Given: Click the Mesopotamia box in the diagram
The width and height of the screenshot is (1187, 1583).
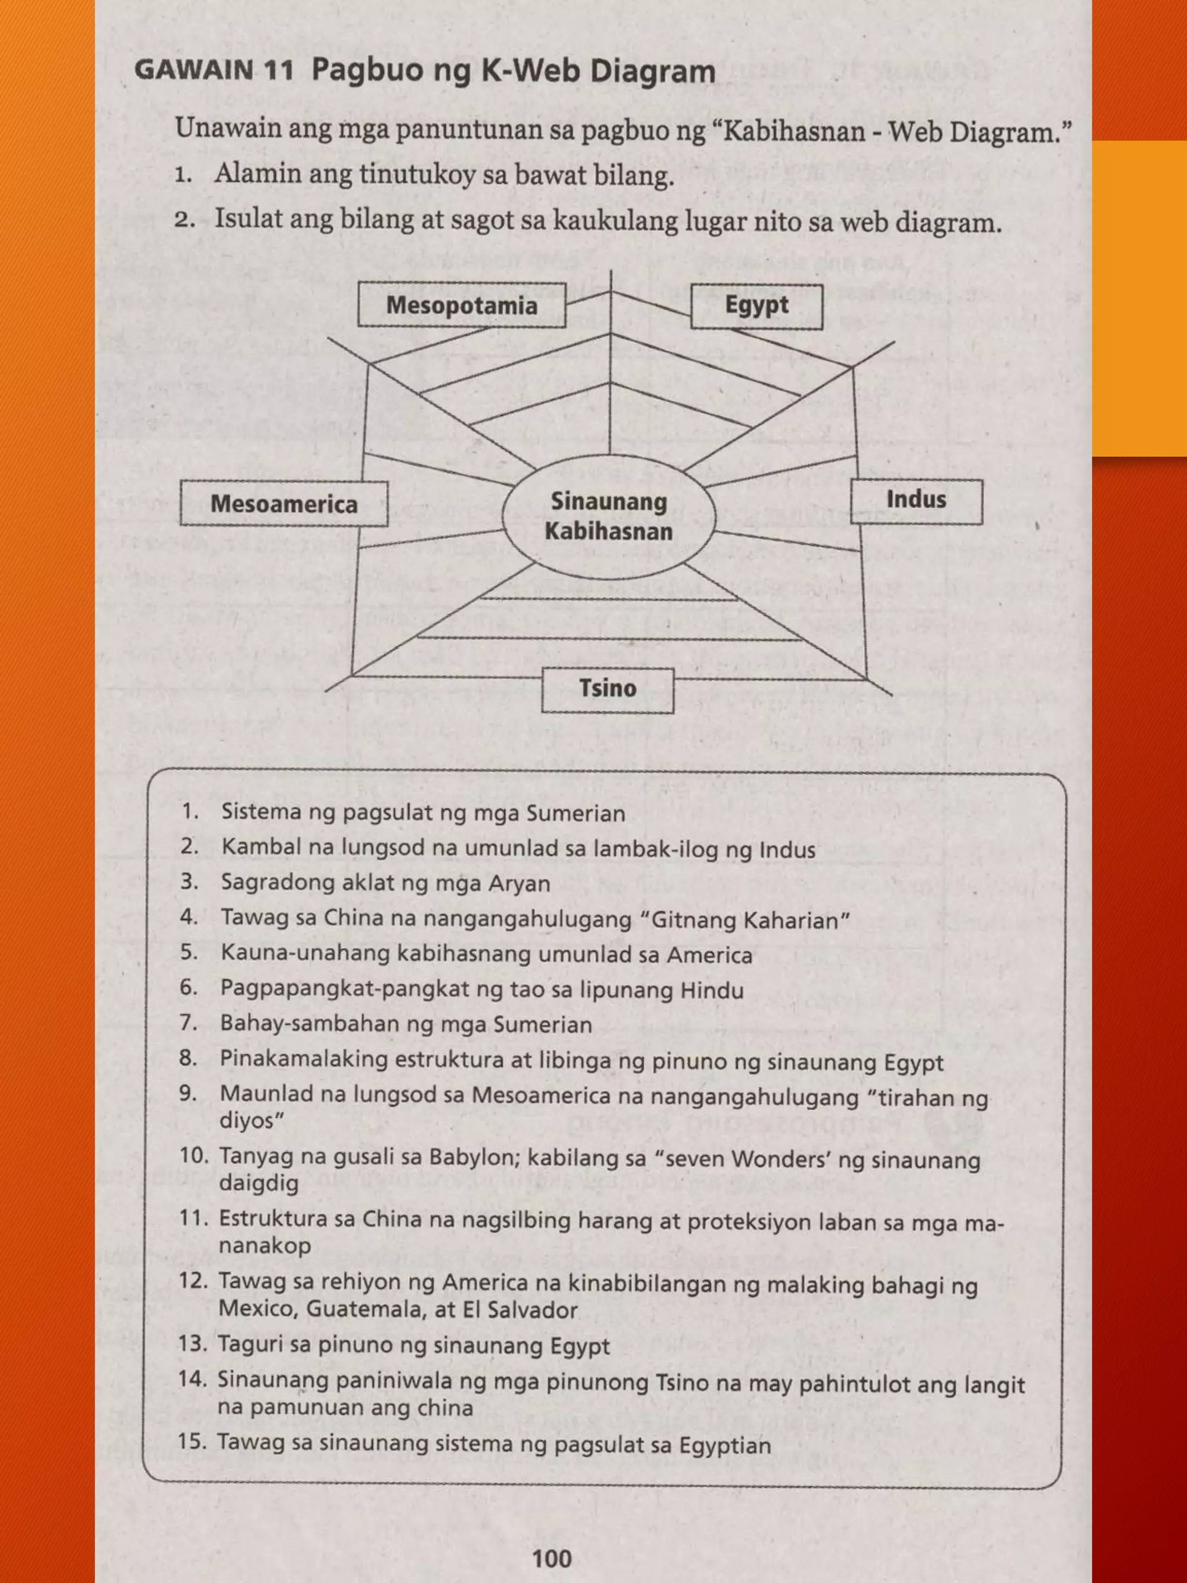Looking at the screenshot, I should [461, 305].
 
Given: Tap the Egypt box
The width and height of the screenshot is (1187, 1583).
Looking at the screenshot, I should [756, 305].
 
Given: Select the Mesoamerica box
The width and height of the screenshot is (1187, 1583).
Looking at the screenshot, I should [284, 504].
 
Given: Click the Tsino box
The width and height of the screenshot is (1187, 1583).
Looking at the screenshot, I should [607, 689].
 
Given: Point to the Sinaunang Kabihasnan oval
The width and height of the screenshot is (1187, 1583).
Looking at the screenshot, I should [608, 516].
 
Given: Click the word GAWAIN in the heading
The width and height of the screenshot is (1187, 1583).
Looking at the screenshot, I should [194, 71].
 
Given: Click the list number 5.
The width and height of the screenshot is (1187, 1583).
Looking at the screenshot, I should [189, 952].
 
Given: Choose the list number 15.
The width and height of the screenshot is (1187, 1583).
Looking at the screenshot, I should [192, 1440].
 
